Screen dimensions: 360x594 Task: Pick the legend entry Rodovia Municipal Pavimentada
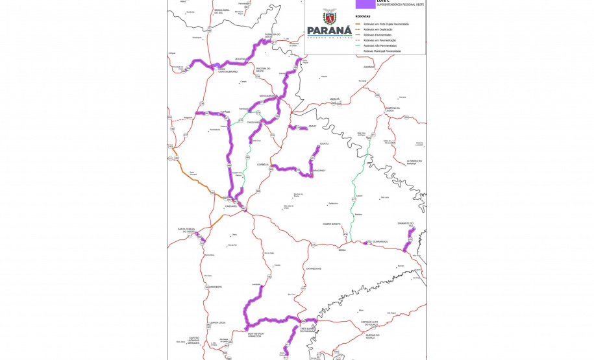[x=384, y=51]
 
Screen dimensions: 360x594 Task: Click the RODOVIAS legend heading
[x=364, y=16]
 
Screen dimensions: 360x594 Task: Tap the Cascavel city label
[x=231, y=206]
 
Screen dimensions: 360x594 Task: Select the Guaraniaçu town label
[x=380, y=241]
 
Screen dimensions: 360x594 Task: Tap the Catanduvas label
[x=314, y=268]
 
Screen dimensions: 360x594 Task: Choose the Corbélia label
[x=263, y=165]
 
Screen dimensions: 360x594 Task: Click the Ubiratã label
[x=335, y=99]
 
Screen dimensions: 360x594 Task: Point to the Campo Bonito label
[x=332, y=224]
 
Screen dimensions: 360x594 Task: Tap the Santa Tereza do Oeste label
[x=186, y=230]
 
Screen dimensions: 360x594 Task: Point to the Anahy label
[x=312, y=126]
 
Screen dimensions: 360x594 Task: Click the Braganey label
[x=317, y=171]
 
